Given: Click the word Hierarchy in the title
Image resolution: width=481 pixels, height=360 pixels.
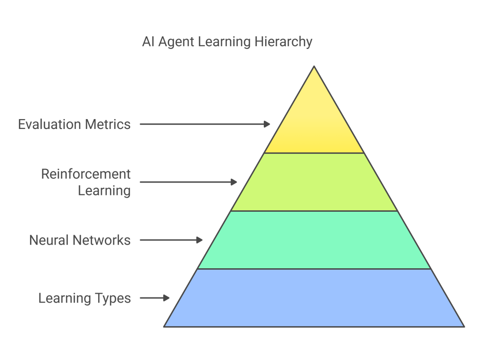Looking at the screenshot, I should coord(284,42).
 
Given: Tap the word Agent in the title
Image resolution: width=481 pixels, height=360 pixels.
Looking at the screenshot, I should coord(176,42).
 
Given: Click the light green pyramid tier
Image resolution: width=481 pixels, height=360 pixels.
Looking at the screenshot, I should coord(314,182).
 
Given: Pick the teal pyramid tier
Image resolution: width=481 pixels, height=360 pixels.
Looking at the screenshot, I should coord(314,240).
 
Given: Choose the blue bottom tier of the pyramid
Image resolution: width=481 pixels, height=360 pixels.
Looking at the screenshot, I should coord(314,298).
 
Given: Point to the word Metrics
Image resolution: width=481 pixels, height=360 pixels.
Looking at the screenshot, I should coord(108,125).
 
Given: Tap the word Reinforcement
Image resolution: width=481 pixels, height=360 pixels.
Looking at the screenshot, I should coord(86,174).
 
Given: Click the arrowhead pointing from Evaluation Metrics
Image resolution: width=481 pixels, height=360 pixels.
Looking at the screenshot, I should coord(268,124).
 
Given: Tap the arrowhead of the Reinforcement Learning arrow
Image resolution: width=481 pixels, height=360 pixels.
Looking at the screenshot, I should coord(234,182).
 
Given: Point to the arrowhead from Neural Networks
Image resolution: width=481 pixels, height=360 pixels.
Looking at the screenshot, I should coord(200,240).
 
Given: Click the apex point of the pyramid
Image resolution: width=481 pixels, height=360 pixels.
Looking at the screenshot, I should coord(314,67).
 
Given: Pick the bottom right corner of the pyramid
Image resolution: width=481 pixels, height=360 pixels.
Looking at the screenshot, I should coord(464,326).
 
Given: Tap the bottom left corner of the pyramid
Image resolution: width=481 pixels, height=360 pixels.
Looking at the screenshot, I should coord(165,326).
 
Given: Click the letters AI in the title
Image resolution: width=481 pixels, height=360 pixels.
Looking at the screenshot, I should coord(149,42).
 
